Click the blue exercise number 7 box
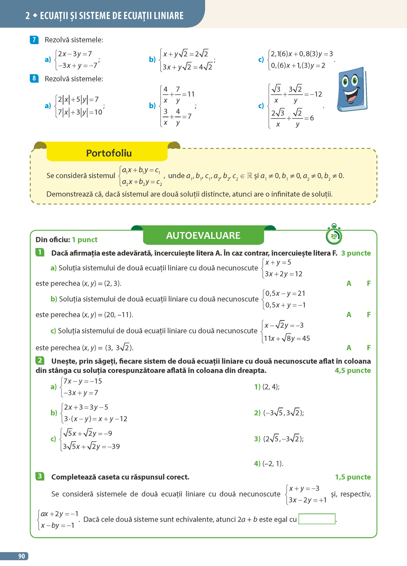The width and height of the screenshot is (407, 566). click(34, 40)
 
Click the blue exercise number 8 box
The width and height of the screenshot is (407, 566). click(34, 78)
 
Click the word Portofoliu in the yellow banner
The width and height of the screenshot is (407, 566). click(109, 153)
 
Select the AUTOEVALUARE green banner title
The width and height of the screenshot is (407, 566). click(203, 235)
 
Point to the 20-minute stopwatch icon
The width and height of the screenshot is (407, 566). click(334, 236)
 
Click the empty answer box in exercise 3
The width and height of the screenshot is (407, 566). click(317, 519)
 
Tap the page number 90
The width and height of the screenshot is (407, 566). click(21, 556)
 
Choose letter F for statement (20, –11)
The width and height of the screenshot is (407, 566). click(369, 314)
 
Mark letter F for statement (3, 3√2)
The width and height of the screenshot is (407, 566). click(369, 347)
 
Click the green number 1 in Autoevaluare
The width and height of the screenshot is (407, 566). click(40, 252)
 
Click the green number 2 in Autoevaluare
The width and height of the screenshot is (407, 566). click(40, 361)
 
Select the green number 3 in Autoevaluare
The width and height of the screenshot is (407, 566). click(40, 476)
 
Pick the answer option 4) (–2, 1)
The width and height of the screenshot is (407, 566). click(269, 463)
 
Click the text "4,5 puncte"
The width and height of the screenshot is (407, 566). click(353, 370)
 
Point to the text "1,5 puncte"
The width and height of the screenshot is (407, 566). click(353, 477)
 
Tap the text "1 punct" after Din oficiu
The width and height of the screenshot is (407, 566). click(85, 240)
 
